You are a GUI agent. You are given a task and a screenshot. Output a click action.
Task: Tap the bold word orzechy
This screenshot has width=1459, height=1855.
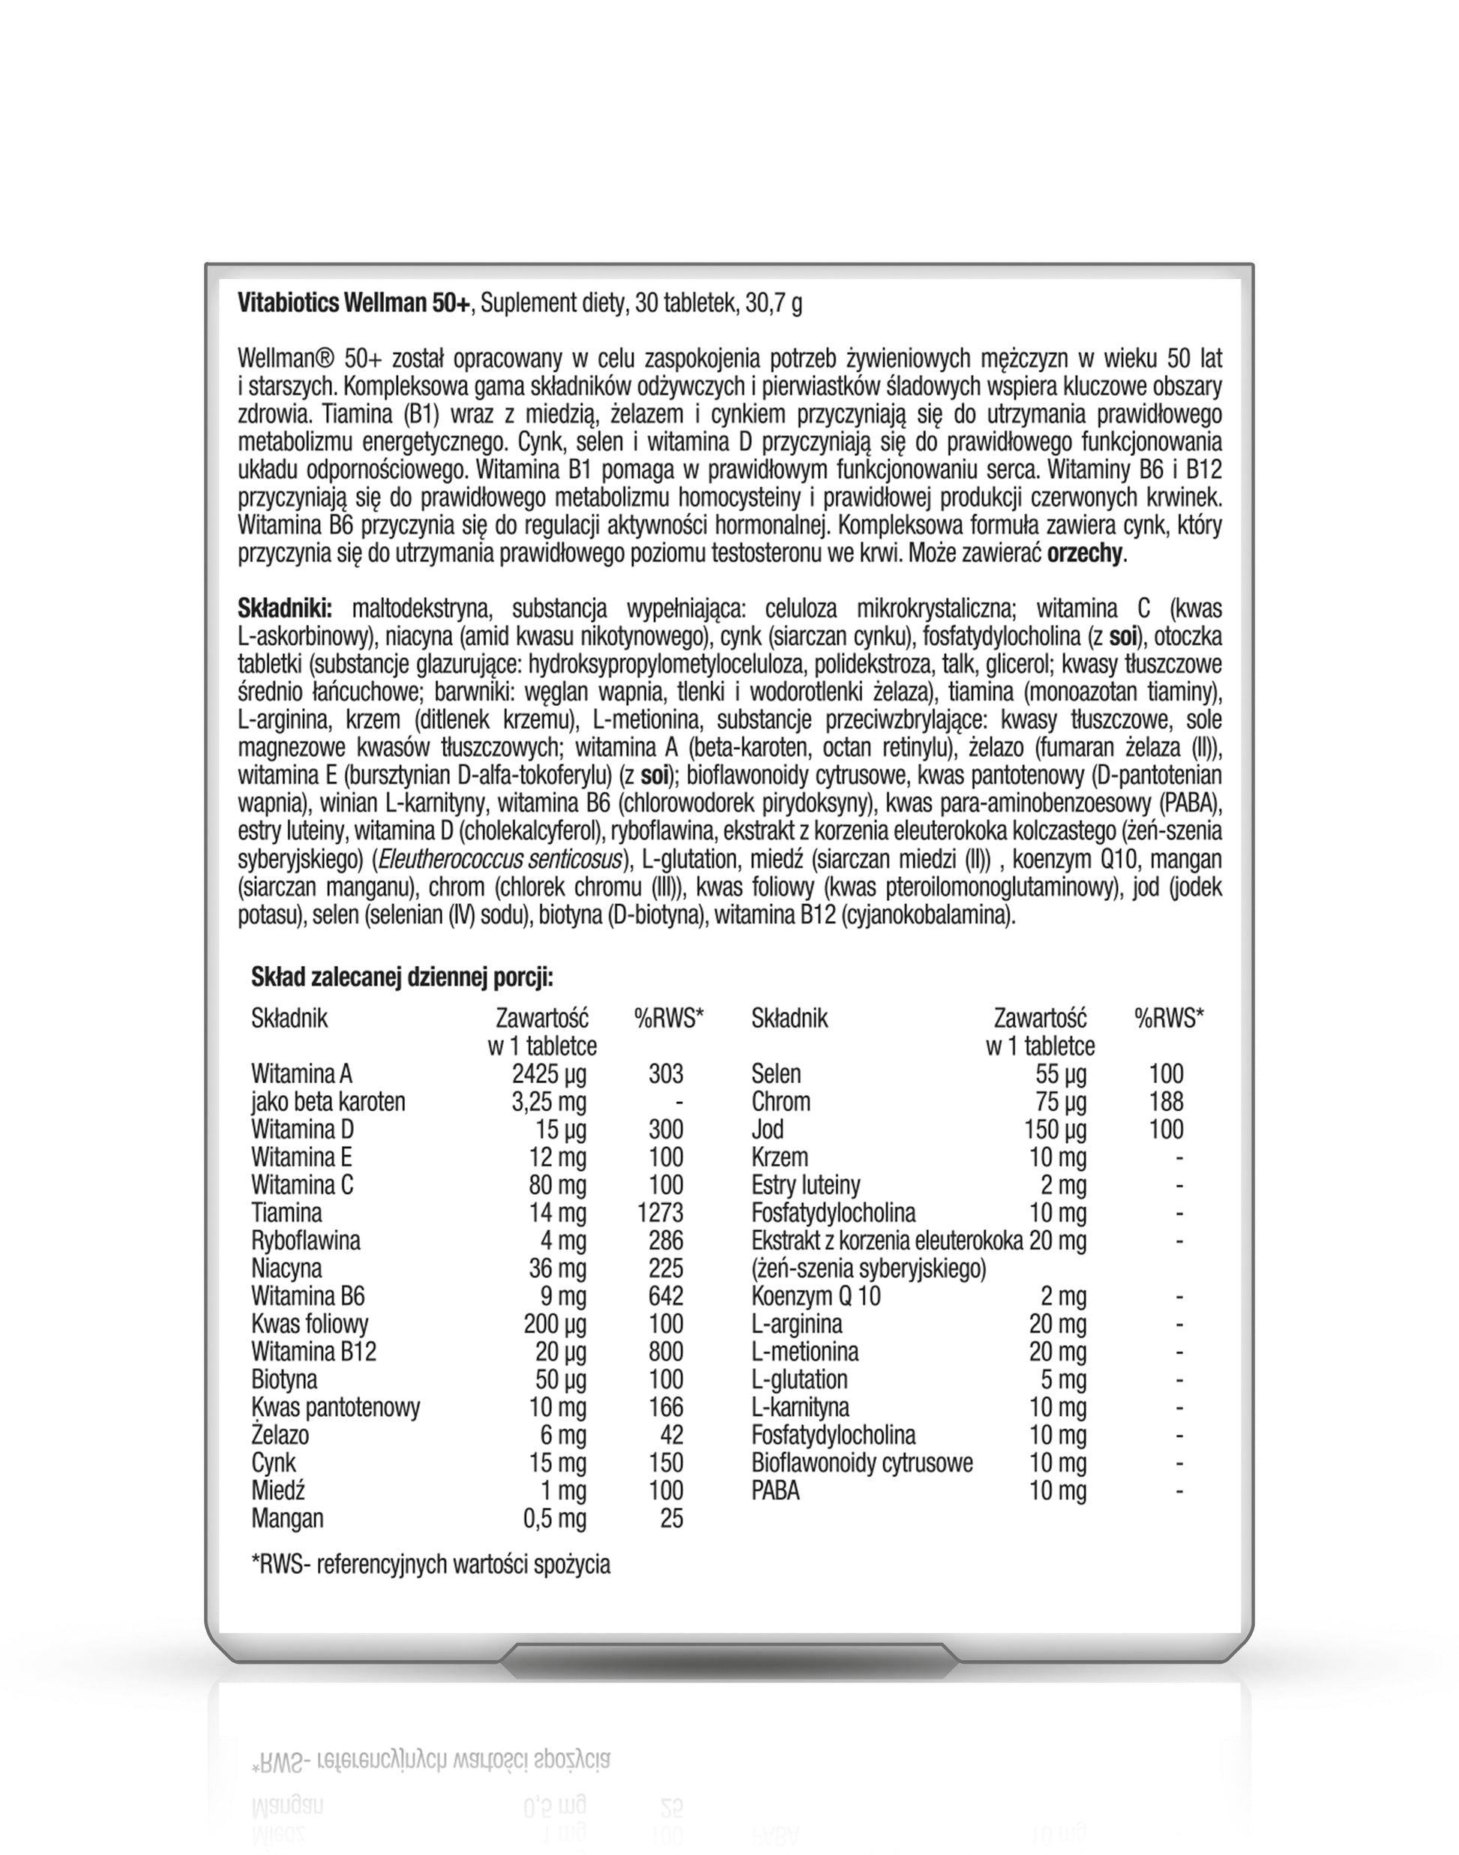click(1084, 553)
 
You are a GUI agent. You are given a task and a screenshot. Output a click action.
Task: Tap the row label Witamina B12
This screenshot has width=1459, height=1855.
click(313, 1351)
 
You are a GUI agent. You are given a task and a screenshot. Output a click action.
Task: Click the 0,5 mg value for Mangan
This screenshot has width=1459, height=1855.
click(554, 1518)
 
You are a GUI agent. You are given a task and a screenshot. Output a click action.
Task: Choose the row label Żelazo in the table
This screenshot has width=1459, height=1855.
click(280, 1435)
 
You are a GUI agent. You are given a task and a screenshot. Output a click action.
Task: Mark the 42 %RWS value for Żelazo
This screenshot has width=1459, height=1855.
click(672, 1435)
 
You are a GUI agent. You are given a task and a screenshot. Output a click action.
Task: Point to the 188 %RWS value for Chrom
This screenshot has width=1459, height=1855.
click(1166, 1101)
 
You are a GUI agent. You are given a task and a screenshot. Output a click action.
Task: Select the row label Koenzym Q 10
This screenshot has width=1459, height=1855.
click(816, 1296)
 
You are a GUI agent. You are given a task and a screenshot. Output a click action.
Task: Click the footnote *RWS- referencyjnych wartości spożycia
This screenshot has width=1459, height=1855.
click(430, 1564)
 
